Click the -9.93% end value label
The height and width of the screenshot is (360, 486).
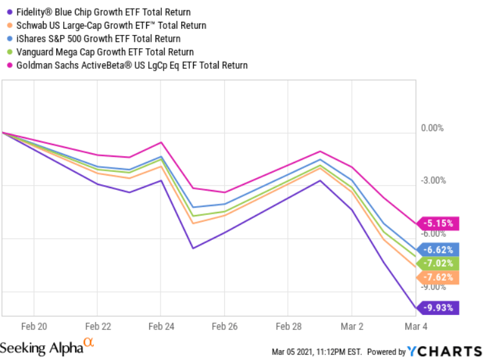coord(440,307)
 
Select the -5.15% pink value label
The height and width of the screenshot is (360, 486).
coord(440,222)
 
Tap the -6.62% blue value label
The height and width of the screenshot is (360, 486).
coord(440,249)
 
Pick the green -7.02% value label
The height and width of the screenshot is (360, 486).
coord(440,263)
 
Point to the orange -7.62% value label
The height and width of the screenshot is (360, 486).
coord(440,277)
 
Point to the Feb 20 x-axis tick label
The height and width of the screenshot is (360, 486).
coord(34,326)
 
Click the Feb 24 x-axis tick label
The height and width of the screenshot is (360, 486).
coord(161,326)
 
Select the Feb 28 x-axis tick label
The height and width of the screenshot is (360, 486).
coord(288,326)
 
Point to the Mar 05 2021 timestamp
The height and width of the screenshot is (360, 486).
coord(317,351)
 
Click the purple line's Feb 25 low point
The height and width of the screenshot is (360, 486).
coord(193,248)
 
